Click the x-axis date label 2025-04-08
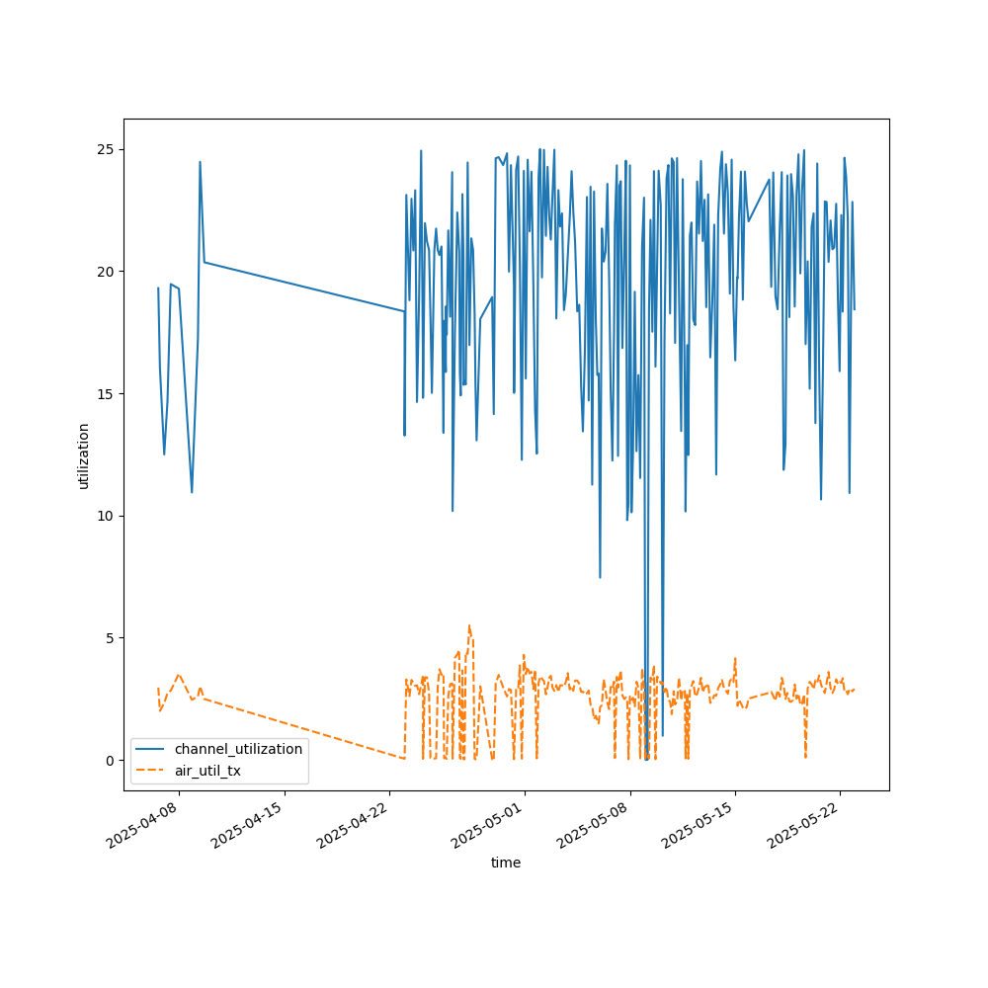pos(144,826)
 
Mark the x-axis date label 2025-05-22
pos(806,826)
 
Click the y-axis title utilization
pos(84,455)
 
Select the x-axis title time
pos(506,863)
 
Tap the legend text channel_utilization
pos(238,749)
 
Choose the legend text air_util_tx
pos(207,771)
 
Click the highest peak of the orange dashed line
pos(469,625)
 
